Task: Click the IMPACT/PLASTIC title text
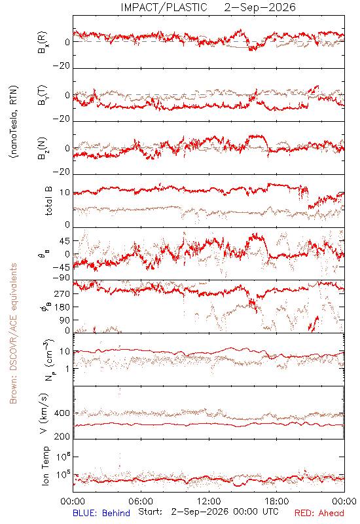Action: point(164,7)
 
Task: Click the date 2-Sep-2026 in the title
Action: point(260,7)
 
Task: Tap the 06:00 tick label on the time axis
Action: point(141,501)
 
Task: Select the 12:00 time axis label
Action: point(209,501)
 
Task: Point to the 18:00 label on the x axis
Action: point(277,501)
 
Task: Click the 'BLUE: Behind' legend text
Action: point(101,513)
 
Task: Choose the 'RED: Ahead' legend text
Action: point(319,513)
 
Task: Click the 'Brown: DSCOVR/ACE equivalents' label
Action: point(13,333)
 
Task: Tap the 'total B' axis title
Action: point(48,201)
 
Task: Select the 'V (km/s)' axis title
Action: point(44,413)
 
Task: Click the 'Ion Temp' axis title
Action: point(45,466)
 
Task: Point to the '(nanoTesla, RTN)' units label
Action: point(14,122)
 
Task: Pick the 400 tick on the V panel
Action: point(62,413)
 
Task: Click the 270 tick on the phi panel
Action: point(62,294)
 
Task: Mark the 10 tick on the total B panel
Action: point(65,193)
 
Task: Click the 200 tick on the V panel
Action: point(62,436)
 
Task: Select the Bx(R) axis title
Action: point(43,42)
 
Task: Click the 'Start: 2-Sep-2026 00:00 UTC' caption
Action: point(208,512)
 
